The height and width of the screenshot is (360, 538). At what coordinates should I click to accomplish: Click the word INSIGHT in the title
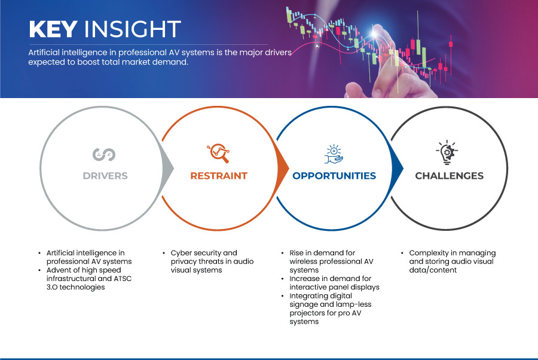click(x=132, y=29)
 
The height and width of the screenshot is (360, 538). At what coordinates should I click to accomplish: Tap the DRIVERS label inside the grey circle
click(x=105, y=176)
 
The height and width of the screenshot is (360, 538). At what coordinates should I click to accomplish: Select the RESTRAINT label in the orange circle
click(x=218, y=176)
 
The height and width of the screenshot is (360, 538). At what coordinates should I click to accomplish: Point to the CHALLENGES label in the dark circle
click(x=449, y=176)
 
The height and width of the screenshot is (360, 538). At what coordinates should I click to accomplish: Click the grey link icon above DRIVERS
click(x=104, y=154)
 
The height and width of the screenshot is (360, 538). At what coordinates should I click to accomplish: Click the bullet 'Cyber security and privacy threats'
click(x=204, y=261)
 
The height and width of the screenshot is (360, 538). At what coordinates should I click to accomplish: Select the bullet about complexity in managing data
click(x=452, y=261)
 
